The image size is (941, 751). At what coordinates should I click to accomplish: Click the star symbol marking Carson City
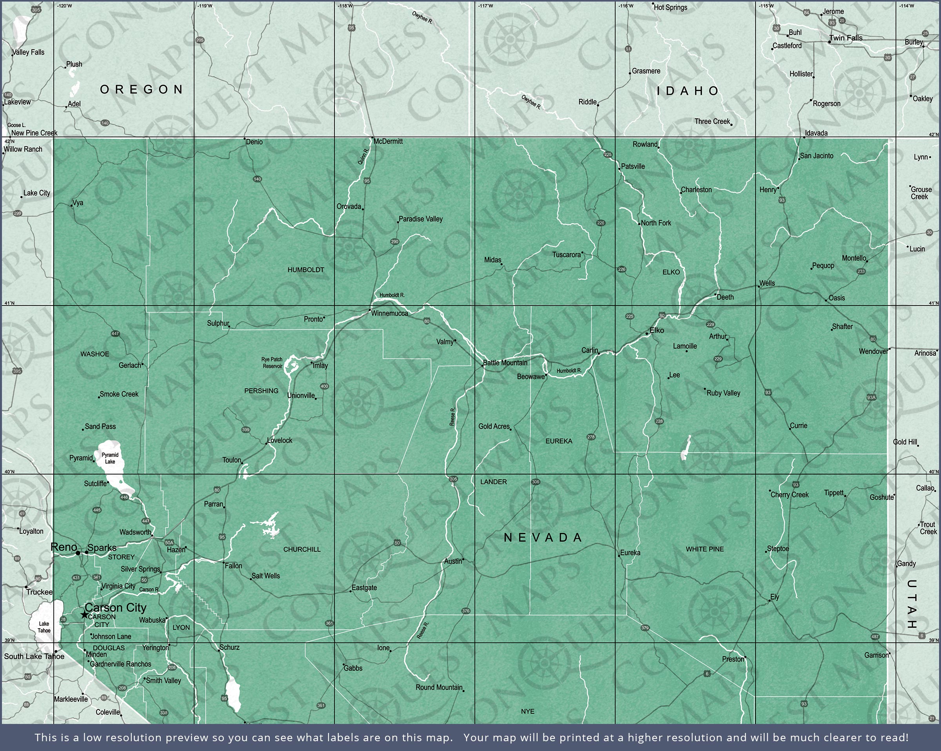click(x=84, y=615)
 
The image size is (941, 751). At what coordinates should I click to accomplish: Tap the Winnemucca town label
click(x=389, y=313)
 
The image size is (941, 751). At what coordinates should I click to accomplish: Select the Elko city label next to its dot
click(x=656, y=331)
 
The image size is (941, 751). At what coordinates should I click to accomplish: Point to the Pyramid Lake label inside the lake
click(x=110, y=458)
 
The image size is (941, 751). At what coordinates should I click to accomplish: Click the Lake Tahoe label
click(x=44, y=627)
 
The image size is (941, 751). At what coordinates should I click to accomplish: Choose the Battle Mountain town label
click(x=505, y=363)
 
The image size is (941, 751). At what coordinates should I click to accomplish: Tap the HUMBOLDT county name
click(x=305, y=270)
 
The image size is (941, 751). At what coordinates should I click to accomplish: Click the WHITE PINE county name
click(x=705, y=549)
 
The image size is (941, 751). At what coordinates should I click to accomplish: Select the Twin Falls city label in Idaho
click(x=846, y=38)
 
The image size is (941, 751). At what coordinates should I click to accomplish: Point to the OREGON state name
click(x=142, y=89)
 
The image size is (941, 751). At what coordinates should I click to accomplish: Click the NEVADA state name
click(x=543, y=538)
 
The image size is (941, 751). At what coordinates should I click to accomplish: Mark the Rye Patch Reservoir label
click(x=272, y=363)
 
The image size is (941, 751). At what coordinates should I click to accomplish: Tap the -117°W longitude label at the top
click(x=485, y=5)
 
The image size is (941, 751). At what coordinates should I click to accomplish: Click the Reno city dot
click(x=78, y=553)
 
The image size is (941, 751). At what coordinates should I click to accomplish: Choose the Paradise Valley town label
click(x=420, y=219)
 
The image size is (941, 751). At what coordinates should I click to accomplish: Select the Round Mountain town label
click(x=439, y=687)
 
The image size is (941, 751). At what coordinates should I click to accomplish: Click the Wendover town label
click(x=873, y=351)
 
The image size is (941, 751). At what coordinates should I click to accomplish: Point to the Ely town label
click(x=775, y=597)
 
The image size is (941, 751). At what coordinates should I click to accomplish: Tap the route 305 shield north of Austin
click(x=453, y=479)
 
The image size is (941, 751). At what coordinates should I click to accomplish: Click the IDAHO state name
click(x=688, y=91)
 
